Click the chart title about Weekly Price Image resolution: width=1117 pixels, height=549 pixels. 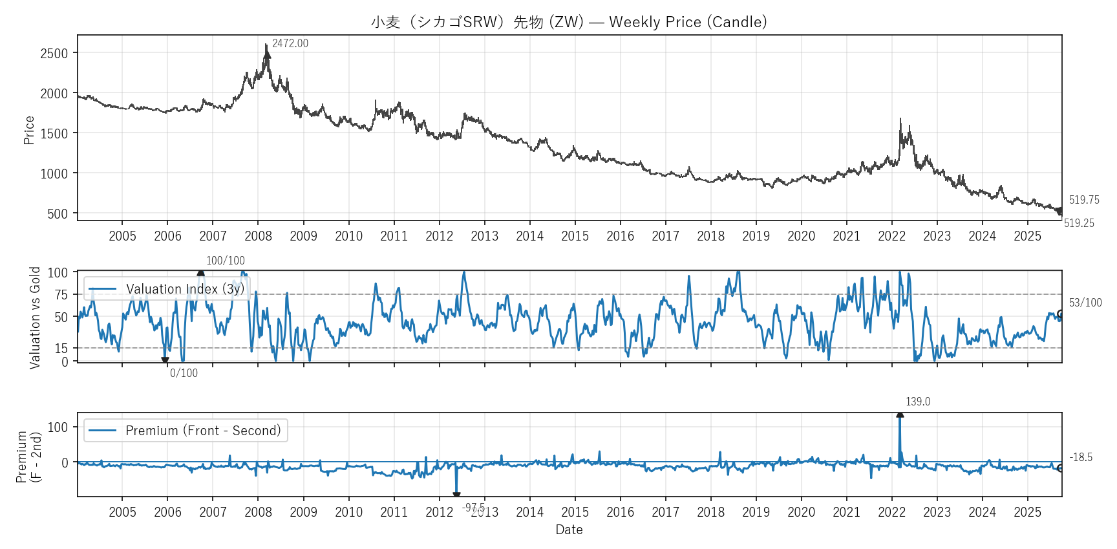pos(569,22)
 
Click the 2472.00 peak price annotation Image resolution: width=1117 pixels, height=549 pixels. pos(290,43)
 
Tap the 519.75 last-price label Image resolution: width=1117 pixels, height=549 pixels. pos(1084,200)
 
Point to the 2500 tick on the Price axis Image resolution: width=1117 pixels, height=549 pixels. pos(54,53)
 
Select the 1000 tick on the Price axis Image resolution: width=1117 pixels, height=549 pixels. pos(54,173)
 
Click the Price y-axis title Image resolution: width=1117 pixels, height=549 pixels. pos(29,129)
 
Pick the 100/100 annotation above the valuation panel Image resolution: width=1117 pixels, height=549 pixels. pos(225,261)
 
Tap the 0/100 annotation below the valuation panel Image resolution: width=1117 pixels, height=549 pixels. pos(184,373)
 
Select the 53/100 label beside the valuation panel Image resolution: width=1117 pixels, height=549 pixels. pos(1085,303)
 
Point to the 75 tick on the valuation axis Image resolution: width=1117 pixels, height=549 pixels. pos(61,295)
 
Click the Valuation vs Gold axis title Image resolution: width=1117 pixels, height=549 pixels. pos(35,318)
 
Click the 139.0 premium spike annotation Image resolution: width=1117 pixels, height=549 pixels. pos(918,402)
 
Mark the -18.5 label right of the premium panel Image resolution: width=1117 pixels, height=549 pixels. pos(1081,457)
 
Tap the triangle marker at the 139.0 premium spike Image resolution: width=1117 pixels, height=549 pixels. pos(900,414)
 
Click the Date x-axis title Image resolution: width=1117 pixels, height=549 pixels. pos(569,530)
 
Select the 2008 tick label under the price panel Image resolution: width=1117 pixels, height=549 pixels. pos(258,236)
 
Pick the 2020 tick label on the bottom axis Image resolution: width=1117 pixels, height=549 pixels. pos(801,512)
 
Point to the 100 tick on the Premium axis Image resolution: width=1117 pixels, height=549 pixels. pos(58,427)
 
